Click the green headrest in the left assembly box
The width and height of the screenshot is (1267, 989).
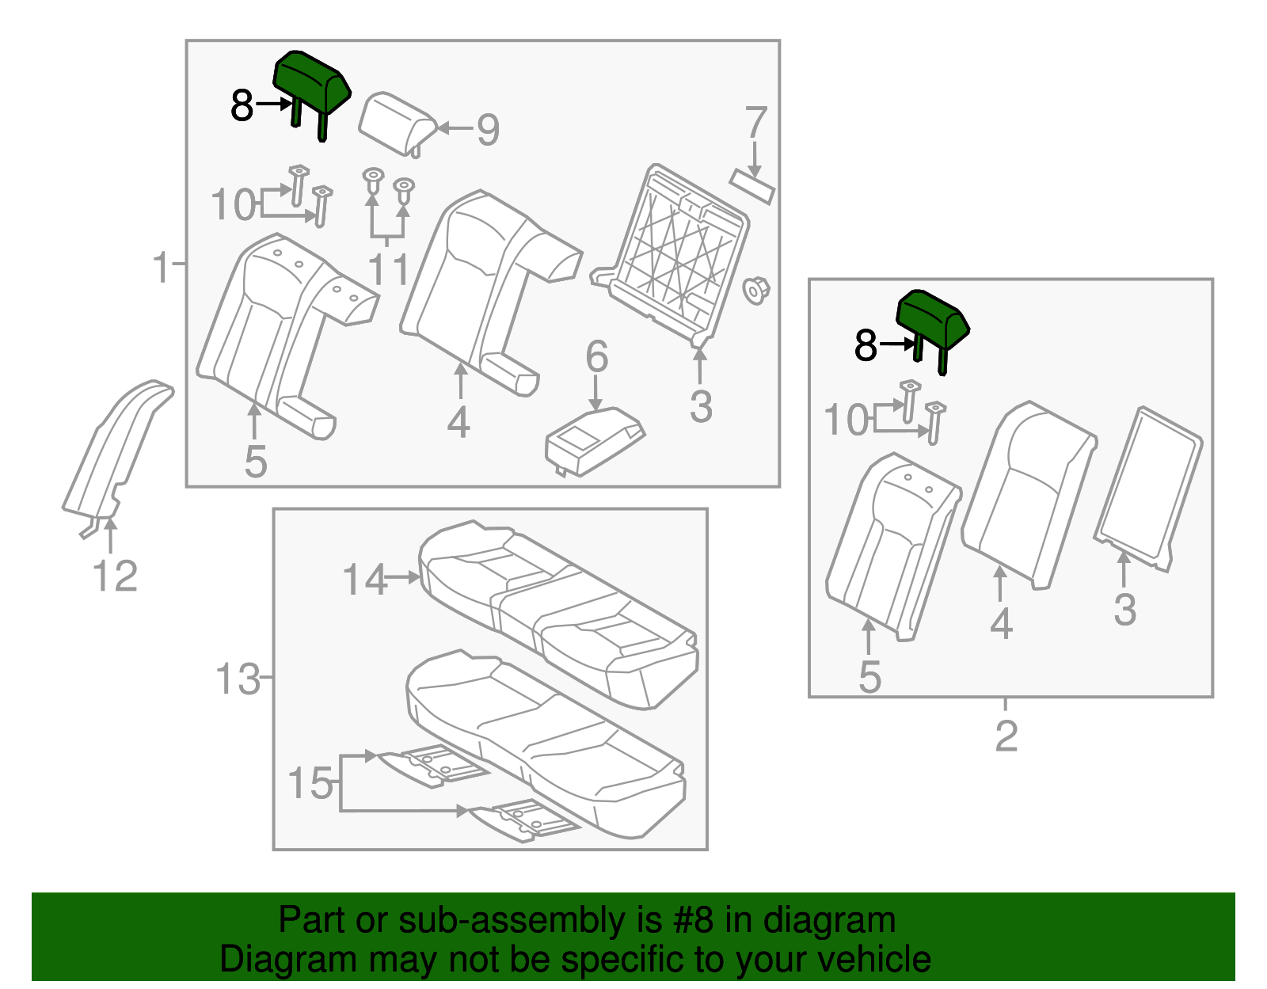tap(311, 82)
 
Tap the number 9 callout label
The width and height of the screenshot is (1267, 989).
tap(488, 130)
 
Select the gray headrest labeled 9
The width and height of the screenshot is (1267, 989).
tap(396, 121)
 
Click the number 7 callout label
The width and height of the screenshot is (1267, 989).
tap(756, 123)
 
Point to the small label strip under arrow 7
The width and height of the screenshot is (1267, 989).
tap(752, 187)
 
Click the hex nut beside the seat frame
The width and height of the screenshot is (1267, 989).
tap(756, 290)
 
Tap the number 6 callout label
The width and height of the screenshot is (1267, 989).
tap(596, 357)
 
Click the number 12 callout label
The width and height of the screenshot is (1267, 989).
tap(116, 576)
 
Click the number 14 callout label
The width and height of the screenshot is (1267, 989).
tap(364, 580)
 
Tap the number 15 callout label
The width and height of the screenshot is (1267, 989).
tap(310, 783)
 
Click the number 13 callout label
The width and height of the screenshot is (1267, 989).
tap(238, 679)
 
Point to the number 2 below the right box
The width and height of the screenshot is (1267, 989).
tap(1006, 736)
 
